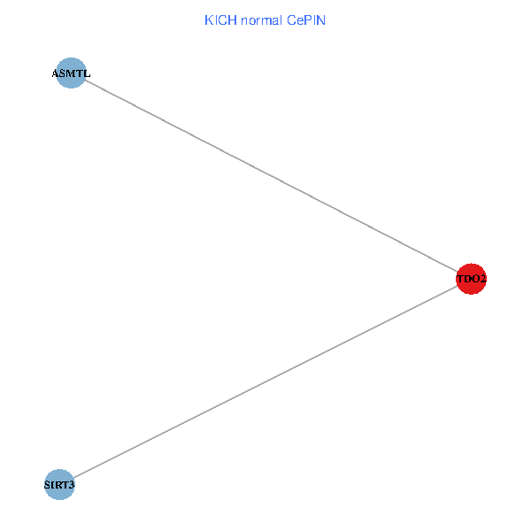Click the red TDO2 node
click(x=472, y=279)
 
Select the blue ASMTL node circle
click(x=71, y=73)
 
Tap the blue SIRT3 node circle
click(x=59, y=484)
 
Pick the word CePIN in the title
click(x=306, y=20)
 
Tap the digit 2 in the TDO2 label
click(x=483, y=280)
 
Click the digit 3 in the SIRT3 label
click(x=72, y=485)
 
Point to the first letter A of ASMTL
click(x=56, y=73)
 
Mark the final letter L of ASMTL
click(x=87, y=73)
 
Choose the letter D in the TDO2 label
click(x=468, y=280)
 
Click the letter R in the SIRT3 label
click(x=58, y=485)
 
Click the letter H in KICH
click(x=228, y=20)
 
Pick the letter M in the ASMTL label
click(x=71, y=73)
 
